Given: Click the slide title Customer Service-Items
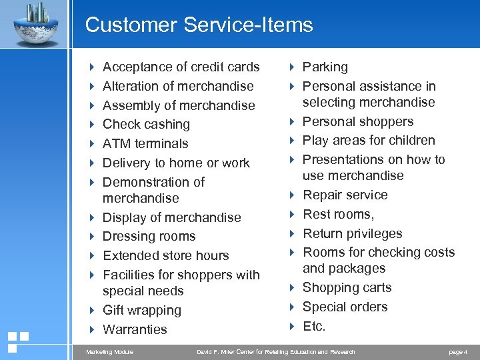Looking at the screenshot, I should (x=199, y=25).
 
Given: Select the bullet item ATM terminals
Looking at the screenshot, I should (x=145, y=143).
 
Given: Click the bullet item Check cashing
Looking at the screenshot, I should (x=146, y=124).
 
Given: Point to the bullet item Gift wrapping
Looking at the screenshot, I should (x=142, y=310).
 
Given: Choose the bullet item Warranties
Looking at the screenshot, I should (x=135, y=329).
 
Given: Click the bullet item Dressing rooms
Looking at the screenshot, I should (x=149, y=236).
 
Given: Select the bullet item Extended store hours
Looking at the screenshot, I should (x=165, y=255).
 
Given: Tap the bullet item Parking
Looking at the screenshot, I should (x=325, y=67).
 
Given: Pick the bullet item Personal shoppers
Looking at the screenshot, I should (x=358, y=121).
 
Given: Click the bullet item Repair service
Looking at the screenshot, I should (x=345, y=195).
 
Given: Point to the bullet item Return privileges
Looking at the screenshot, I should (x=353, y=233).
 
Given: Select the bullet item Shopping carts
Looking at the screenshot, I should (x=347, y=287).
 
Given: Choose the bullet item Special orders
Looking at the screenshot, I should (x=345, y=307).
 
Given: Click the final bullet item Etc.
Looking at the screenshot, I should (x=314, y=326).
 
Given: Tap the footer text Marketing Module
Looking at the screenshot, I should (x=110, y=352).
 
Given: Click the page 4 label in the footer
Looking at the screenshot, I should (x=458, y=352).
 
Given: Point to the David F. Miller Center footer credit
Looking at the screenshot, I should (x=276, y=352).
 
